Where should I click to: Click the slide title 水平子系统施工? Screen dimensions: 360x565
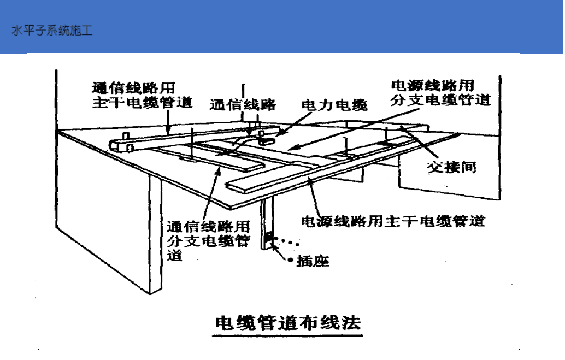[x=52, y=31]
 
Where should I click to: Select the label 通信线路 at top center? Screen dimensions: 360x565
[x=243, y=105]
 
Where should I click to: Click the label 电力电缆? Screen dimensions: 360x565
[x=335, y=105]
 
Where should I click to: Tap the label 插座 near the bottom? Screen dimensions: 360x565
[x=313, y=262]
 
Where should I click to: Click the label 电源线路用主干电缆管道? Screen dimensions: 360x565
[x=393, y=221]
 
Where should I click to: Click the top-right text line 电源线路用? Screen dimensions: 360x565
[x=432, y=85]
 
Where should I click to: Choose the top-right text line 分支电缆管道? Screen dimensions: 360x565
[x=441, y=100]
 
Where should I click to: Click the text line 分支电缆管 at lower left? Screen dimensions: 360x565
[x=208, y=240]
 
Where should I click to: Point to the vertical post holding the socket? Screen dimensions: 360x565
[x=267, y=221]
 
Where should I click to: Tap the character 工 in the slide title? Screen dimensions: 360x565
[x=87, y=31]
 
